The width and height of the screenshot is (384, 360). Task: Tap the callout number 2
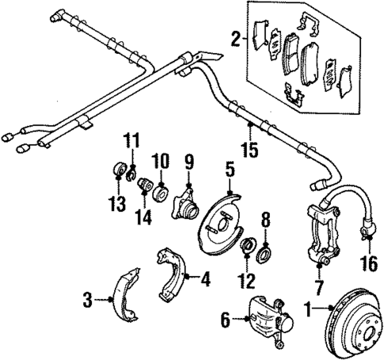point(235,36)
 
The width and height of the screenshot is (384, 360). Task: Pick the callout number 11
point(131,142)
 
